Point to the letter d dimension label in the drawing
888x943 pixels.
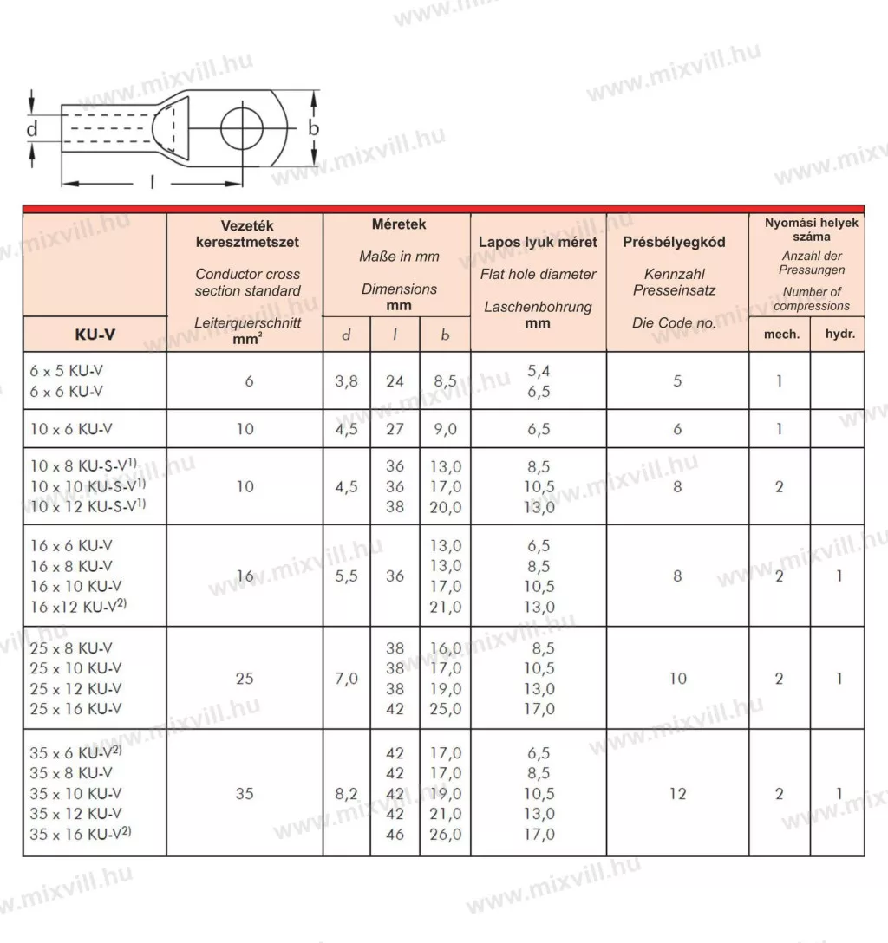click(x=32, y=130)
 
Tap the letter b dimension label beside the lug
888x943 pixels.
click(x=315, y=129)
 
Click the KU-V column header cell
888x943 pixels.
click(x=94, y=335)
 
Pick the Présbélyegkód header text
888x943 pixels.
click(x=674, y=243)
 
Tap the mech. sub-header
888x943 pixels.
click(x=780, y=334)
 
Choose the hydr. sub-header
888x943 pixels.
click(x=838, y=334)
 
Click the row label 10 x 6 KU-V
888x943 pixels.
click(x=72, y=428)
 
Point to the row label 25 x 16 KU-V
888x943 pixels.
click(x=75, y=709)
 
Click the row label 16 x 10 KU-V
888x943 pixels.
click(x=75, y=587)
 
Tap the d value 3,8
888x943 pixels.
click(x=347, y=380)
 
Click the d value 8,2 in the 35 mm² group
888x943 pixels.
click(x=347, y=794)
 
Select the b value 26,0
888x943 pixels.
click(x=446, y=835)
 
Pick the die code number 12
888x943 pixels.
click(x=677, y=794)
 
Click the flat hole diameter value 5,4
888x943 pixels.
click(x=539, y=371)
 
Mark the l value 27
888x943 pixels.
click(x=395, y=428)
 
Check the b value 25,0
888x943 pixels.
click(x=446, y=709)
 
